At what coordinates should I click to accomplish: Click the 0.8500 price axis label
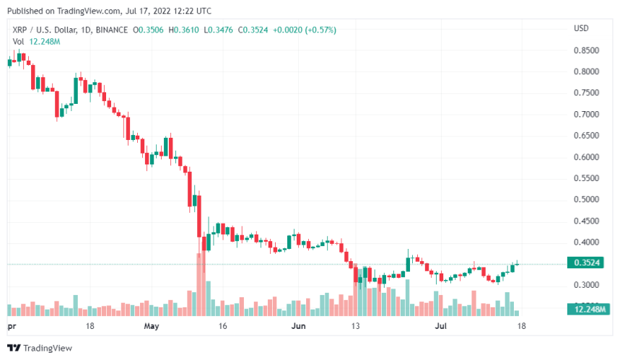(x=585, y=51)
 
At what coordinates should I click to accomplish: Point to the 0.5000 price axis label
(x=585, y=200)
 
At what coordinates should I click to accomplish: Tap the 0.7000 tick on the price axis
(x=585, y=115)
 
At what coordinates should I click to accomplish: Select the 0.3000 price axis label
(x=585, y=285)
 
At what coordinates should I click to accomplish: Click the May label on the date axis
(x=151, y=326)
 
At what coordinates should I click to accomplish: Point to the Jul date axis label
(x=440, y=326)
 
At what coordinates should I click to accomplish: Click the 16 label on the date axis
(x=222, y=326)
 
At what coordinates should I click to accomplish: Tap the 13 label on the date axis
(x=355, y=326)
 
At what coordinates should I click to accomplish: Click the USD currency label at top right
(x=582, y=28)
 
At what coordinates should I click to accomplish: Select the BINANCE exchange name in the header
(x=111, y=30)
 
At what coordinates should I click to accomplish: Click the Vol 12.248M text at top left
(x=36, y=41)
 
